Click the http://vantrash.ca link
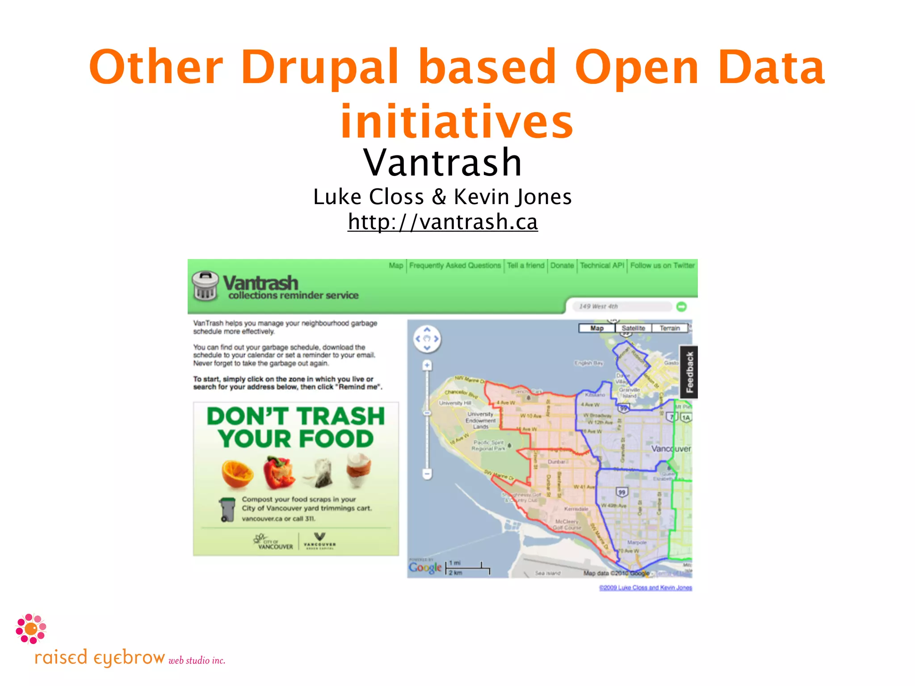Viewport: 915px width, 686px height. pos(443,222)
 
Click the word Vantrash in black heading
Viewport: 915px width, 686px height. pos(442,163)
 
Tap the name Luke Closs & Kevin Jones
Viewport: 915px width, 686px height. pos(442,197)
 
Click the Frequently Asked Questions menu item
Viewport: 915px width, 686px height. pos(455,265)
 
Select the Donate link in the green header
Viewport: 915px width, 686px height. pos(562,265)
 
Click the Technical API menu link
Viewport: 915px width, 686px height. pos(602,265)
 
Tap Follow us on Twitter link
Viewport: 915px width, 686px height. pos(662,265)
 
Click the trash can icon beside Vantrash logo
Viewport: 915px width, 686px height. pos(205,286)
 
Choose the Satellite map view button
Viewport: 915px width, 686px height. pos(633,328)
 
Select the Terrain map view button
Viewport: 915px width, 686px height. pos(669,328)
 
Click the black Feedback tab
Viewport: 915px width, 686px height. pos(689,372)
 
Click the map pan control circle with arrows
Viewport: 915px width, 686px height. pos(427,339)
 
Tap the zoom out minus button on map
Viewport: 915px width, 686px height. pos(427,473)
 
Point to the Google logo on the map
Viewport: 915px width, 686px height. pos(425,568)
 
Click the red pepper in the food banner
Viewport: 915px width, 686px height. pos(279,473)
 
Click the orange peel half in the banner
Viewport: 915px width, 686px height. pos(237,475)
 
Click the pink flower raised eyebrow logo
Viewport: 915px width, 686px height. pos(31,629)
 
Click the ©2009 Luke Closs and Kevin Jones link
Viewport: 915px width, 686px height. pos(645,588)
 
